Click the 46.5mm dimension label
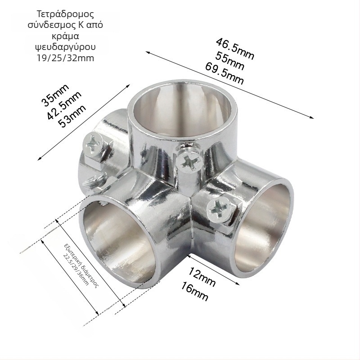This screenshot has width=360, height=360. click(x=235, y=49)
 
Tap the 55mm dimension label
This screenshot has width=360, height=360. click(x=229, y=61)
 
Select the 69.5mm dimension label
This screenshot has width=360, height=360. click(x=224, y=73)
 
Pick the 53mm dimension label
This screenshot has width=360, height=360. click(x=72, y=116)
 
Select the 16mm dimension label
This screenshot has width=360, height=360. click(x=194, y=291)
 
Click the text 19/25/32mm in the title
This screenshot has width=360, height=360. click(x=65, y=58)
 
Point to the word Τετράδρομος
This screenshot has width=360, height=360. click(x=65, y=14)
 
